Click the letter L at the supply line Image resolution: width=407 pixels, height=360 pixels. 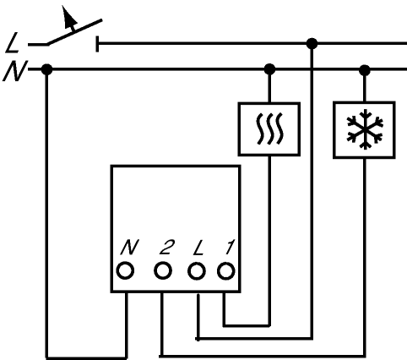coord(12,43)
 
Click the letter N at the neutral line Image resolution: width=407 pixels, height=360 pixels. coord(14,71)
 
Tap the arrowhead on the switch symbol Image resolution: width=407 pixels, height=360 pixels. coord(68,17)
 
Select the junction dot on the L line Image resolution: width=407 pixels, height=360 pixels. coord(312,44)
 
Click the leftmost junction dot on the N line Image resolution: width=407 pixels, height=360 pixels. coord(46,69)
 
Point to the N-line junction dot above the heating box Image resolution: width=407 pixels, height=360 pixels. coord(269,69)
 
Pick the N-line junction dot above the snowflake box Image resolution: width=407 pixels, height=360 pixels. coord(365,70)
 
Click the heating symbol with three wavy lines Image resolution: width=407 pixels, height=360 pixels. coord(269,128)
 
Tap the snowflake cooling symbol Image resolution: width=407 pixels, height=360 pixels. coord(365,129)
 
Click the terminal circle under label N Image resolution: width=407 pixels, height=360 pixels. coord(125,270)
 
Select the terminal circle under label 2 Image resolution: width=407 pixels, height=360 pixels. coord(163,270)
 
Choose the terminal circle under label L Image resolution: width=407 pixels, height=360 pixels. coord(197,271)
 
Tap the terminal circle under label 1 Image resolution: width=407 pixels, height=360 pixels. coord(226,271)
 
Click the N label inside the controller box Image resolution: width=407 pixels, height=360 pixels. coord(130,248)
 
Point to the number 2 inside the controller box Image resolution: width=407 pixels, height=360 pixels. coord(167,248)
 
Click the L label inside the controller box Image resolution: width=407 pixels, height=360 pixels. coord(198,248)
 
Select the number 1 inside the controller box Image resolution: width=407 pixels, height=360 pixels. coord(230,248)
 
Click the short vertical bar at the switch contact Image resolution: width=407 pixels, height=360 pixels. coord(97,44)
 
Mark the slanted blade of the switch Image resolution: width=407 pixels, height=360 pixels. coord(74,32)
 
